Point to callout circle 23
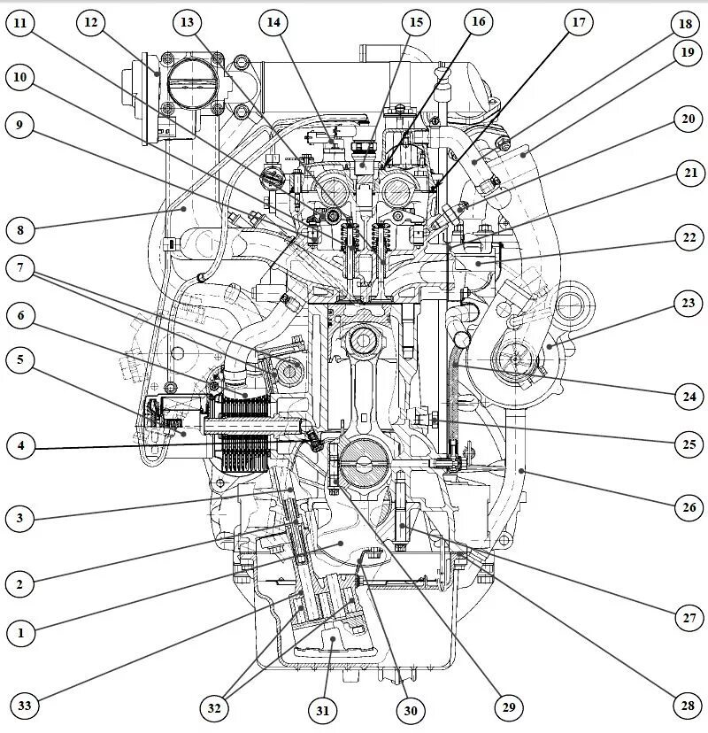coord(686,305)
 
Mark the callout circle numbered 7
coord(21,267)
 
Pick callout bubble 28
coord(686,705)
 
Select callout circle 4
coord(21,447)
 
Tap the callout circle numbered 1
coord(21,632)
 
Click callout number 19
coord(686,52)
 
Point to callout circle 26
coord(686,506)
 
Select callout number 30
coord(410,708)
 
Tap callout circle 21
coord(686,174)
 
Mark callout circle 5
coord(21,360)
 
